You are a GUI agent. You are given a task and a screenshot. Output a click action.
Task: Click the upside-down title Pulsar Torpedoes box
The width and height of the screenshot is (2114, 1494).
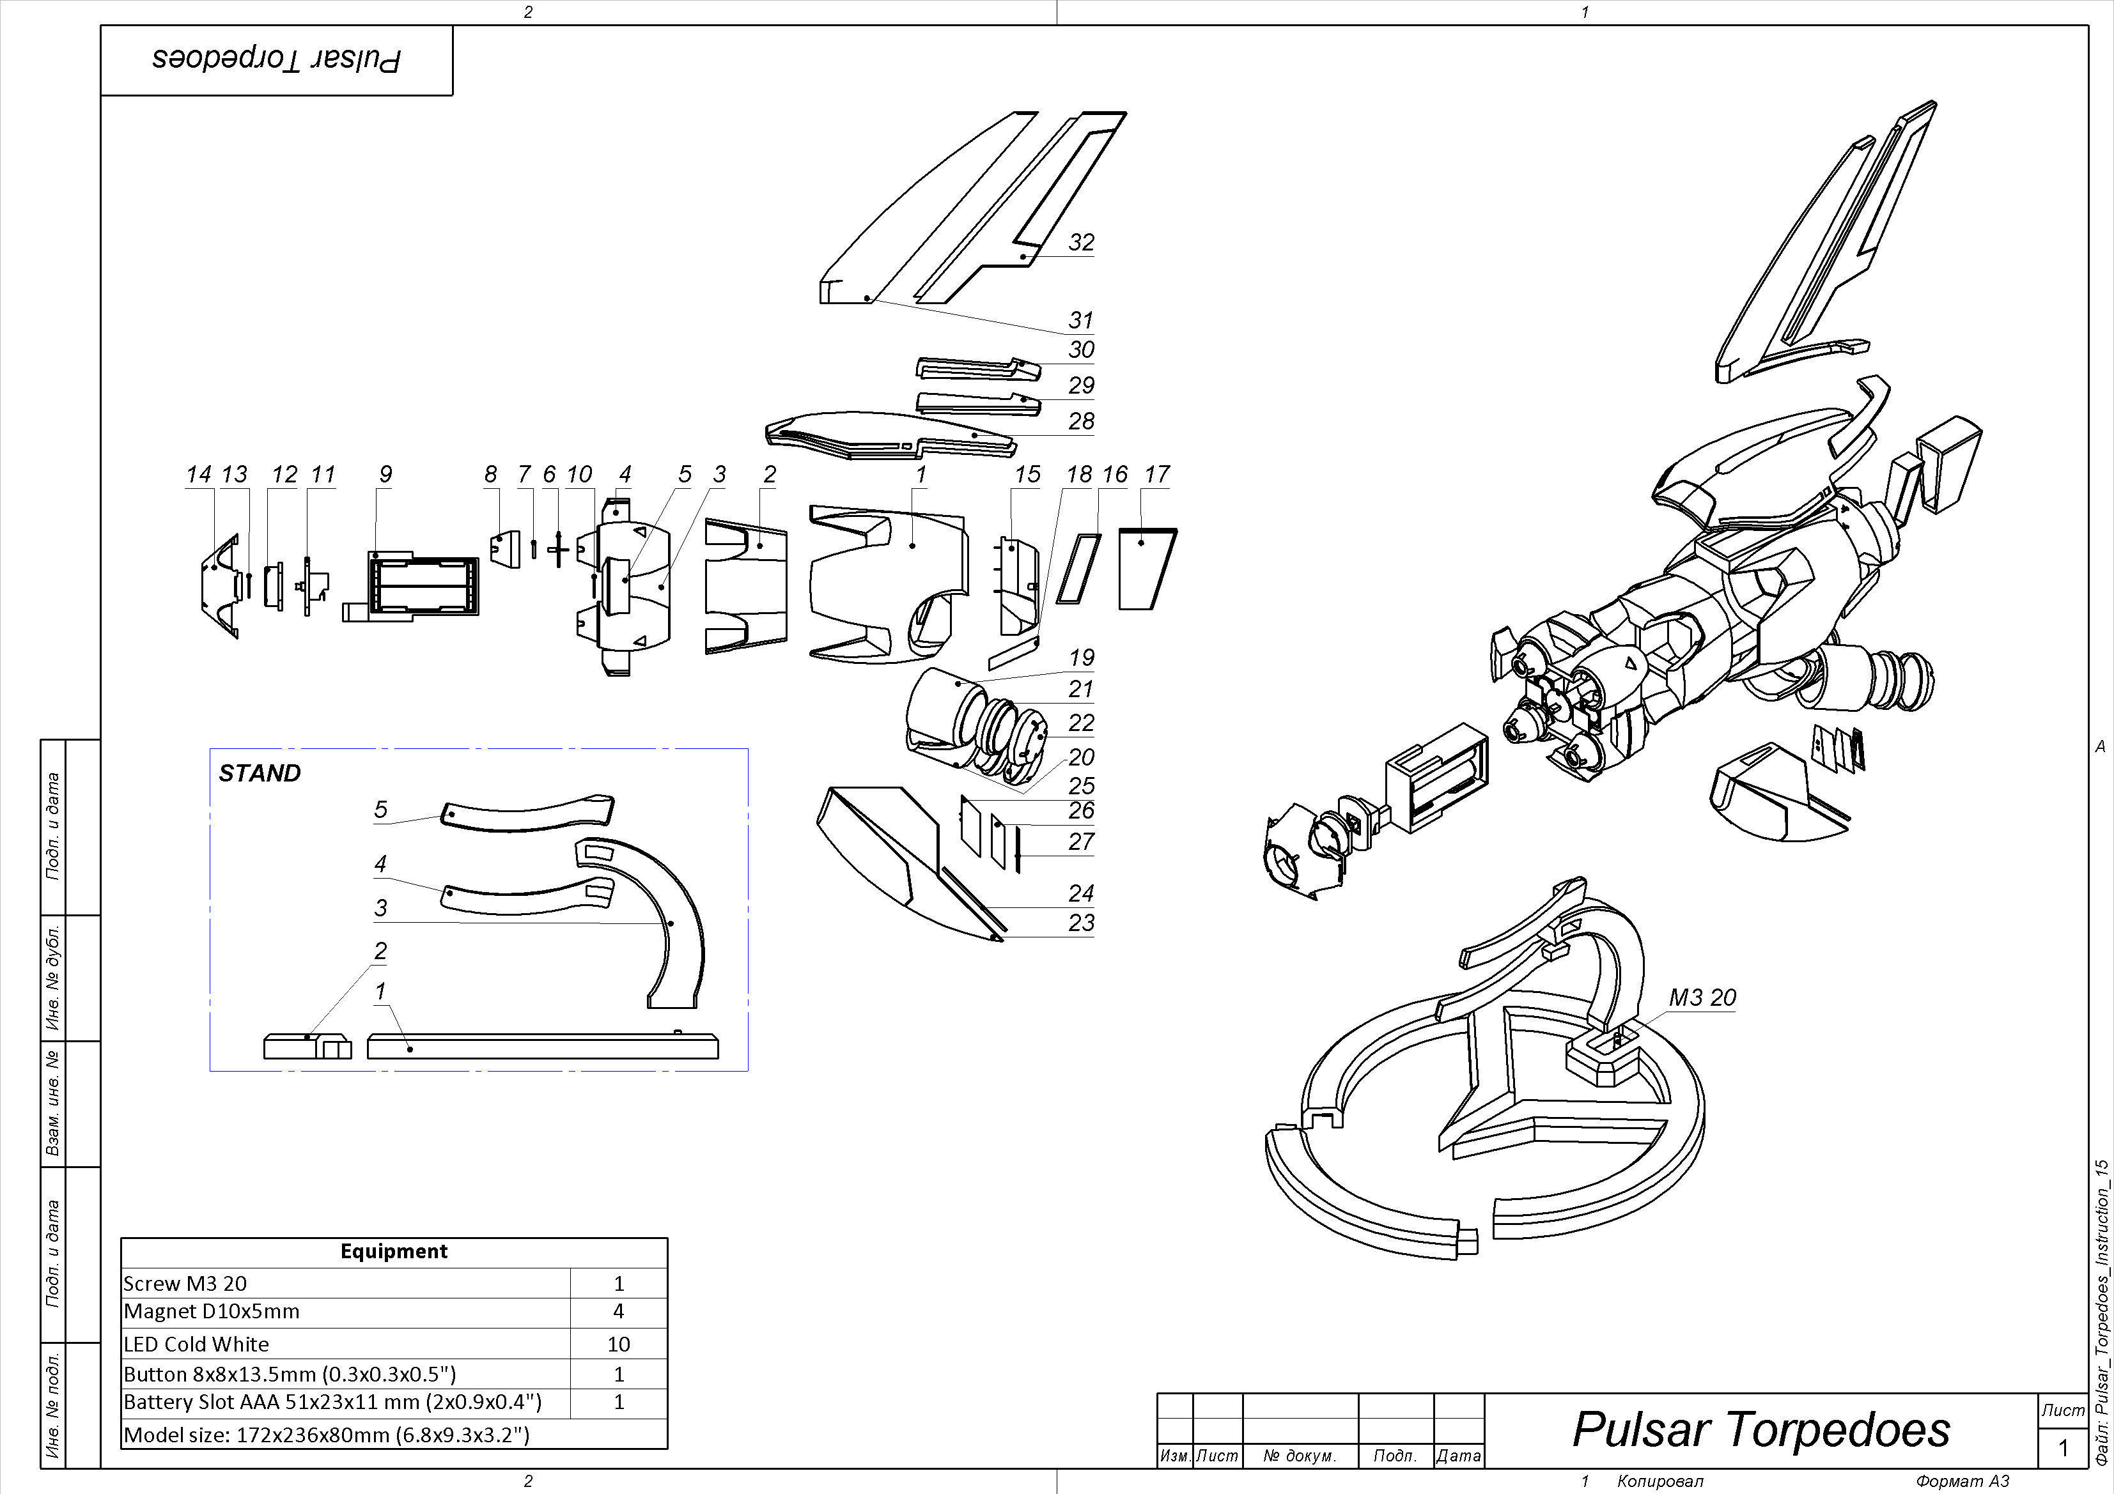coord(276,60)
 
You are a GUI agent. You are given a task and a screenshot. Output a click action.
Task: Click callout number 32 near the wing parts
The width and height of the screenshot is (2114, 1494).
coord(1081,242)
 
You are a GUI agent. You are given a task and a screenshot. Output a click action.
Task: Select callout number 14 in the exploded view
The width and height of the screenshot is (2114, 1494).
coord(198,474)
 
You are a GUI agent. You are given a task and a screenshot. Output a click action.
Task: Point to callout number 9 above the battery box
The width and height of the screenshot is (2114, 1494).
coord(385,474)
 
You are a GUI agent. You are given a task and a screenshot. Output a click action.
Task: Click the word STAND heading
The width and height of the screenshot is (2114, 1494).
coord(260,773)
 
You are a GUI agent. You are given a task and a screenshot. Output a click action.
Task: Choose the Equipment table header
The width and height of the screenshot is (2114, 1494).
coord(393,1251)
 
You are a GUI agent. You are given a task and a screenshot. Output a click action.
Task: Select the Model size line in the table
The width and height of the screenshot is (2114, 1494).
coord(327,1434)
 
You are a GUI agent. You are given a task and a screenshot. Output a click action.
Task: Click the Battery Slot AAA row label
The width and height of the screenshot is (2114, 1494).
coord(332,1402)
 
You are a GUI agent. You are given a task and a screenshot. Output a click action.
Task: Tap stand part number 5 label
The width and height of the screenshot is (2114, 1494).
coord(380,809)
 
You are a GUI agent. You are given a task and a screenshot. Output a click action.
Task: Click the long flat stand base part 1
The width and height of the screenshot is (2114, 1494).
coord(543,1047)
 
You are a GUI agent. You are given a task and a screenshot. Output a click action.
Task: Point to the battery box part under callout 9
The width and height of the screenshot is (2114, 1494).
coord(424,585)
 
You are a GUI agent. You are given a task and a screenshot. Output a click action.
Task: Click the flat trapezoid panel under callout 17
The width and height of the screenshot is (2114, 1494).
coord(1146,571)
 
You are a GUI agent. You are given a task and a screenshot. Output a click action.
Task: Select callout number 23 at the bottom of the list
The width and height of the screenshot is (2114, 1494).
coord(1081,922)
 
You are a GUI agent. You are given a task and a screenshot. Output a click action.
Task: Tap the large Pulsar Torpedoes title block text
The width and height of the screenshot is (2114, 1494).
coord(1760,1429)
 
